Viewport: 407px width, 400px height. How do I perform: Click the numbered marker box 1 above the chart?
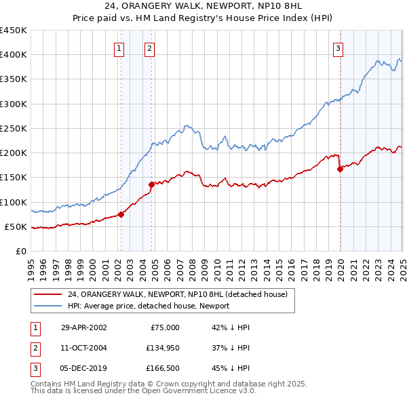coord(119,47)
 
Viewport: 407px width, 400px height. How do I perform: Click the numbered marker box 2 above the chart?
coord(149,47)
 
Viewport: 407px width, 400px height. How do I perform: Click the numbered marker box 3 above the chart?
coord(338,47)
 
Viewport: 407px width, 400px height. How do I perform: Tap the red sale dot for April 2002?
coord(121,214)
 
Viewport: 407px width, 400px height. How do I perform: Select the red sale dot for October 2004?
coord(151,184)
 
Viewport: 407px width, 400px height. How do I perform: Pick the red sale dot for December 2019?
coord(340,169)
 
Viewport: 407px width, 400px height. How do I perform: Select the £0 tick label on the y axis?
coord(20,251)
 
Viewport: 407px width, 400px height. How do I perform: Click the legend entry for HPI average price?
coord(149,306)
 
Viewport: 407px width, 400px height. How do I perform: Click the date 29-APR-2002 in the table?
coord(83,327)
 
